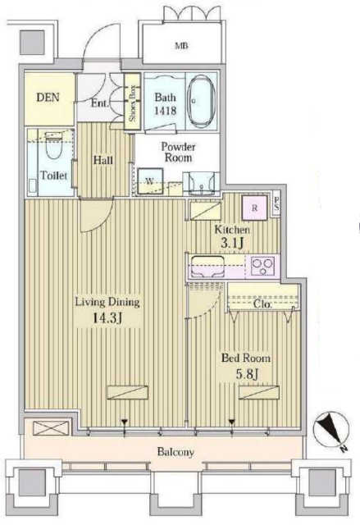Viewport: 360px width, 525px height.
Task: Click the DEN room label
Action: [x=48, y=98]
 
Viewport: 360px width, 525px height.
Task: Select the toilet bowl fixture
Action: [x=52, y=146]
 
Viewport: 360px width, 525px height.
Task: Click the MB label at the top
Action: [x=181, y=46]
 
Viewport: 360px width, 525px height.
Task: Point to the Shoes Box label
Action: [x=133, y=103]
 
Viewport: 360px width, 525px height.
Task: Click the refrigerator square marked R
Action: [x=254, y=208]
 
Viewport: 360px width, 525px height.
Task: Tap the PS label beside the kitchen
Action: [x=276, y=203]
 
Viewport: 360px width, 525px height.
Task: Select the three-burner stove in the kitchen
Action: [x=263, y=266]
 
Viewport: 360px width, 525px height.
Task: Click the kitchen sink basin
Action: [x=207, y=266]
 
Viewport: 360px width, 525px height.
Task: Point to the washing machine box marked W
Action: [x=150, y=181]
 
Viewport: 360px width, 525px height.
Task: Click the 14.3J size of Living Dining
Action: [x=107, y=317]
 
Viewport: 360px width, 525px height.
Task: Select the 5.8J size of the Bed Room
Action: [x=248, y=374]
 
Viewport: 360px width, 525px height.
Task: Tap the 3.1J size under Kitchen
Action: [x=231, y=244]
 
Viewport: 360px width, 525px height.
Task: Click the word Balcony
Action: [x=175, y=452]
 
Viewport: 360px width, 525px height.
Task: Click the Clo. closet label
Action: [x=263, y=304]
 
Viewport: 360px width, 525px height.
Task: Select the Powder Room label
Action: [x=178, y=152]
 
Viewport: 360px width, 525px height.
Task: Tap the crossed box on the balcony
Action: [x=51, y=428]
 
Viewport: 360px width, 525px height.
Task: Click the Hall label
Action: [x=103, y=160]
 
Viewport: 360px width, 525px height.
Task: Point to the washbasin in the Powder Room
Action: [x=201, y=184]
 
